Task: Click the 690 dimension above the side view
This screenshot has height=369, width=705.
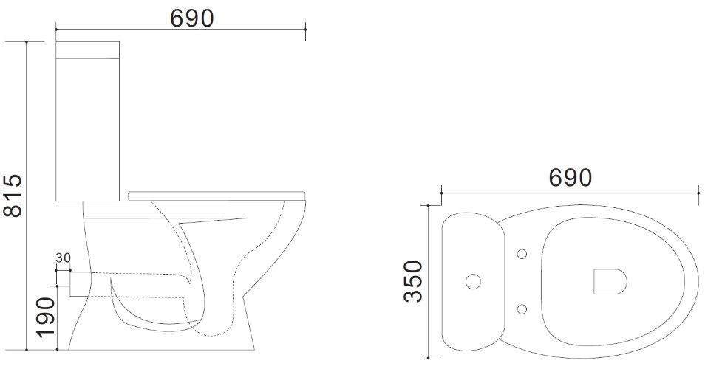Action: pyautogui.click(x=192, y=18)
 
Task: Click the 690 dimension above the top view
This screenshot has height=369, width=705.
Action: pyautogui.click(x=570, y=178)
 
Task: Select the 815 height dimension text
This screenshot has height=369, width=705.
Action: pyautogui.click(x=13, y=196)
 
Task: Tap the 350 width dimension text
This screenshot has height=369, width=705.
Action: pyautogui.click(x=413, y=281)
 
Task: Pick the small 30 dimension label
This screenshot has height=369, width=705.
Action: pyautogui.click(x=64, y=258)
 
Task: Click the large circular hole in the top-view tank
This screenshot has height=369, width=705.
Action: pyautogui.click(x=473, y=282)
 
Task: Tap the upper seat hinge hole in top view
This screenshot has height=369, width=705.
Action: pyautogui.click(x=522, y=254)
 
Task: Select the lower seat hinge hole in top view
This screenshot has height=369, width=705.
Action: pyautogui.click(x=522, y=309)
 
